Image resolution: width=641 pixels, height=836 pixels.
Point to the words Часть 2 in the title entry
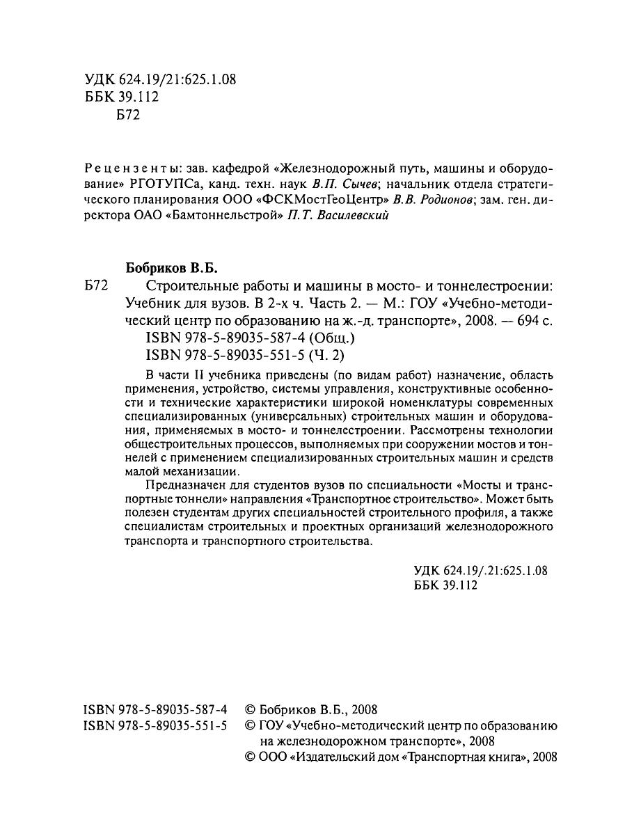tap(331, 304)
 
